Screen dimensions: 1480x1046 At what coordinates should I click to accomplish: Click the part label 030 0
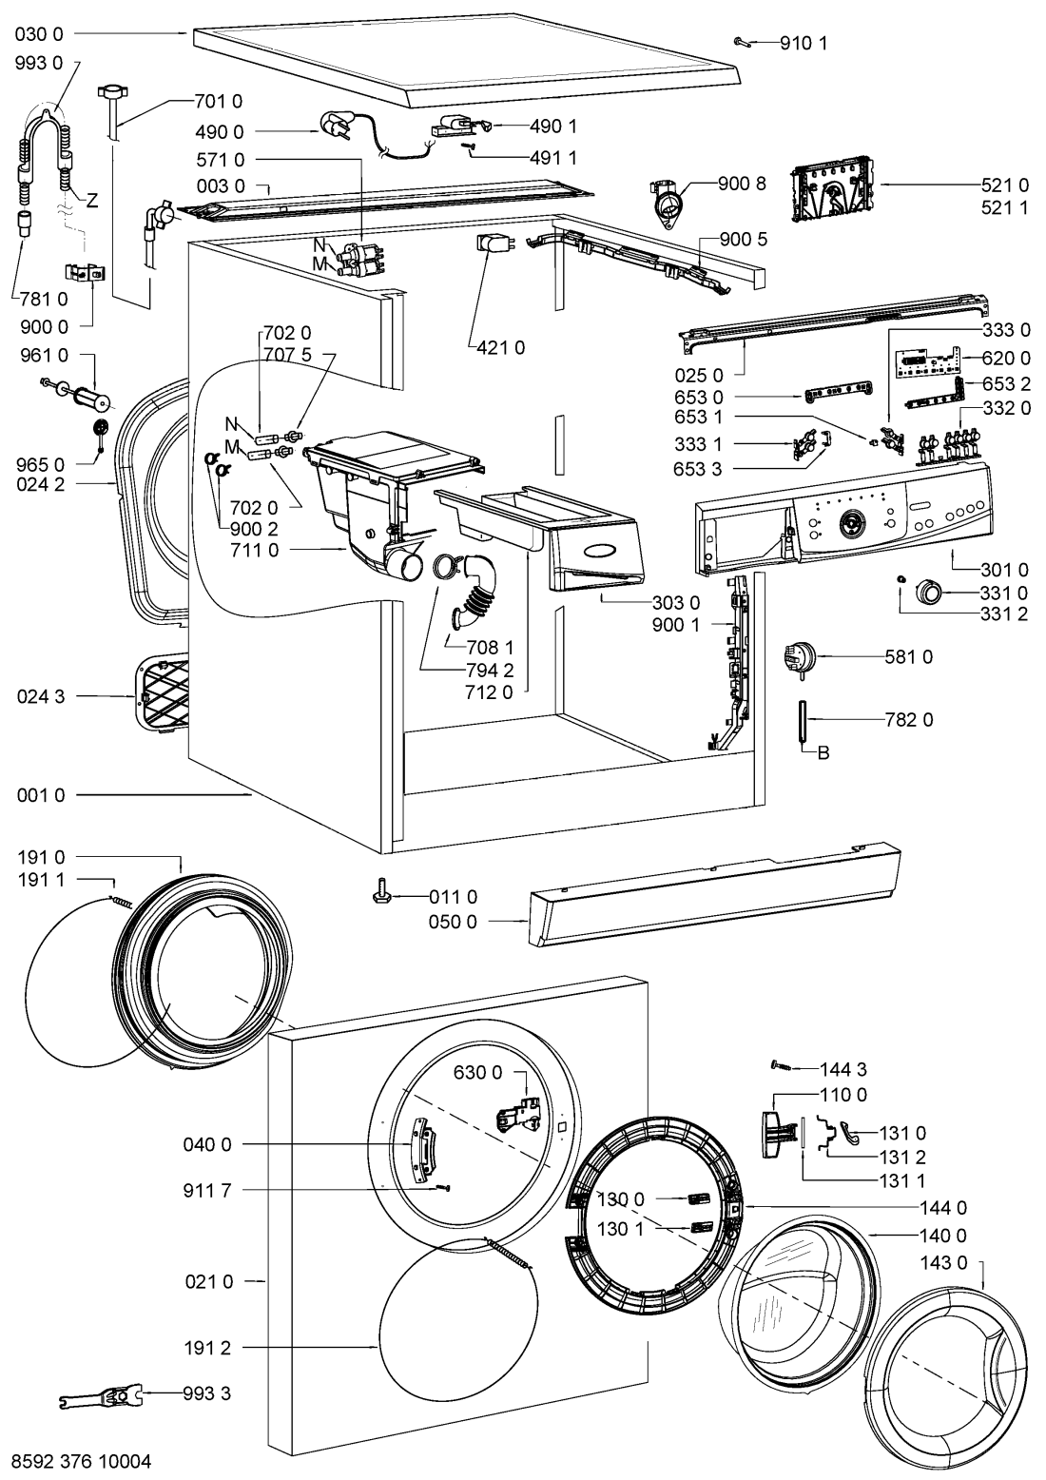(39, 34)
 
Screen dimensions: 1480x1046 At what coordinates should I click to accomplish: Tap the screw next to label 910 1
(744, 41)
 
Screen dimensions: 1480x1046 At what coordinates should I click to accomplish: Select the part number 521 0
(1005, 185)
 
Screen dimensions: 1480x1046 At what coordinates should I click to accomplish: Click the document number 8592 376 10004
(81, 1460)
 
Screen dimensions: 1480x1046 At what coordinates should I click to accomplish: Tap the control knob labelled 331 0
(927, 591)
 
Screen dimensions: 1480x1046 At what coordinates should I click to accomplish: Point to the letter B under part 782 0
(823, 753)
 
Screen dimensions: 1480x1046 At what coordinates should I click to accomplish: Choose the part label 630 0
(477, 1073)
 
